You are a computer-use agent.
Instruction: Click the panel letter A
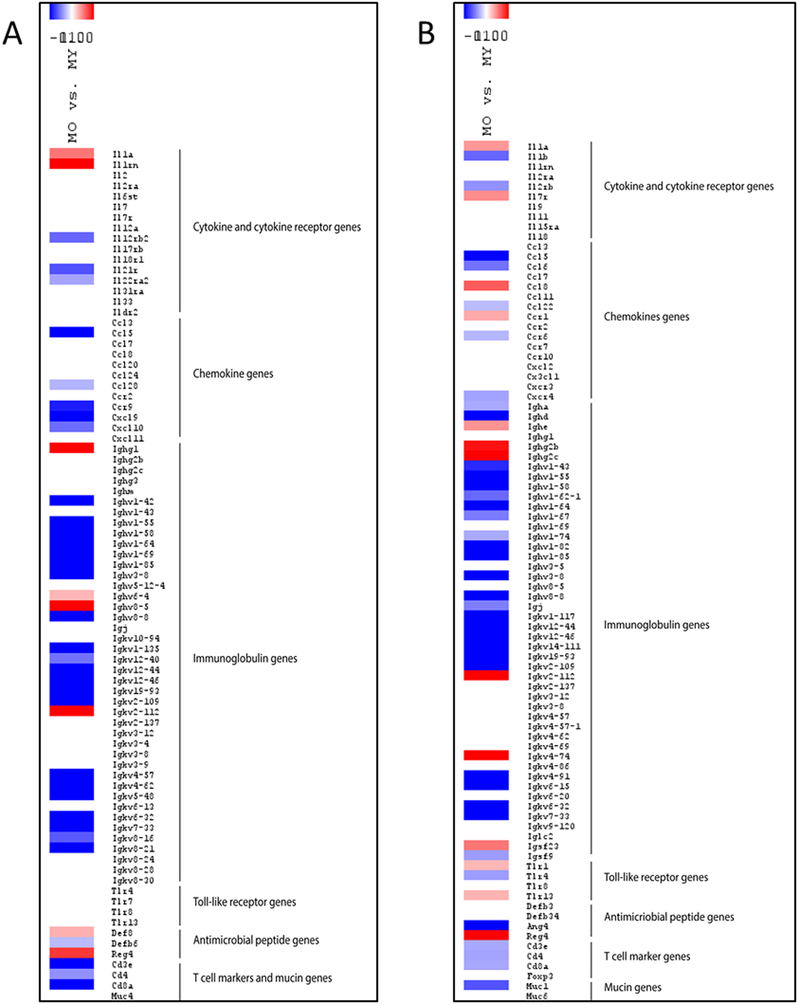[13, 34]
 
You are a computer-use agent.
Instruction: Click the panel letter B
[426, 34]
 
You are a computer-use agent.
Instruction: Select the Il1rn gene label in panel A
[125, 165]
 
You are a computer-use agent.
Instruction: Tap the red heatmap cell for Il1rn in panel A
[72, 164]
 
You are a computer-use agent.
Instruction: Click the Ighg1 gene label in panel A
[125, 449]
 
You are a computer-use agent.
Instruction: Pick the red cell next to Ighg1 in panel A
[72, 448]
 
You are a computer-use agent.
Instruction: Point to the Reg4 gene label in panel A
[122, 954]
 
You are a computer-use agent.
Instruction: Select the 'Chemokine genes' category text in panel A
[233, 374]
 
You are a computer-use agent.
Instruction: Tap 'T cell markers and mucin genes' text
[262, 978]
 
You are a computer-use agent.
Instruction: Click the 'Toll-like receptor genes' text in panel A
[245, 902]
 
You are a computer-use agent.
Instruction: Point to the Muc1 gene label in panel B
[538, 986]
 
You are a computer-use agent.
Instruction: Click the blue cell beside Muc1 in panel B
[486, 985]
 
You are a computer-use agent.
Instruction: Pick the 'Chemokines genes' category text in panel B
[646, 317]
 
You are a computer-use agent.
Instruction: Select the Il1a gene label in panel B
[538, 147]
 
